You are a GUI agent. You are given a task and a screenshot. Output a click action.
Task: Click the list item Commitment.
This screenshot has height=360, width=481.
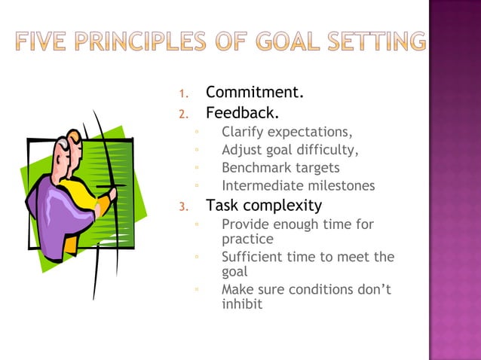pos(255,93)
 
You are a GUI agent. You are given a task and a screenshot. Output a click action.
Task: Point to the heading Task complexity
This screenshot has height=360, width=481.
pos(264,205)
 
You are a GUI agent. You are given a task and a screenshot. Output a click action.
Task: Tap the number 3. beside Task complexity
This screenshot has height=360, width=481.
pos(182,206)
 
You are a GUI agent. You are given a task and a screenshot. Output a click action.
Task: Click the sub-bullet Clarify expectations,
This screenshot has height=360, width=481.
pos(286,133)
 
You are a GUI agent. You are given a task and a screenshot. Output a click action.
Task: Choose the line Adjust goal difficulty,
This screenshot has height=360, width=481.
pos(290,150)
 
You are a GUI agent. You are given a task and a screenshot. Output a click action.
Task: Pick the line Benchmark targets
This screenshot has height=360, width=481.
pos(280,168)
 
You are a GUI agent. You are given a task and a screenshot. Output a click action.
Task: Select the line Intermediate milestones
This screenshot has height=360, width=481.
pos(298,186)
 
